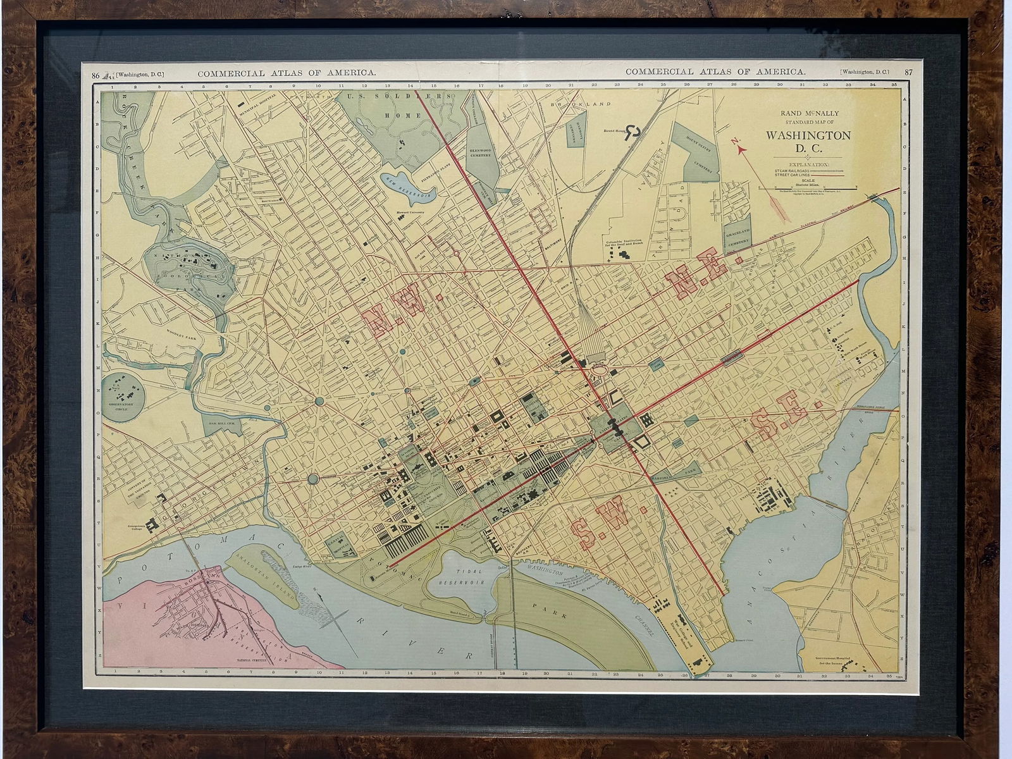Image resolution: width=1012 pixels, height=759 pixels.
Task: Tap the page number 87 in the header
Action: tap(909, 73)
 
